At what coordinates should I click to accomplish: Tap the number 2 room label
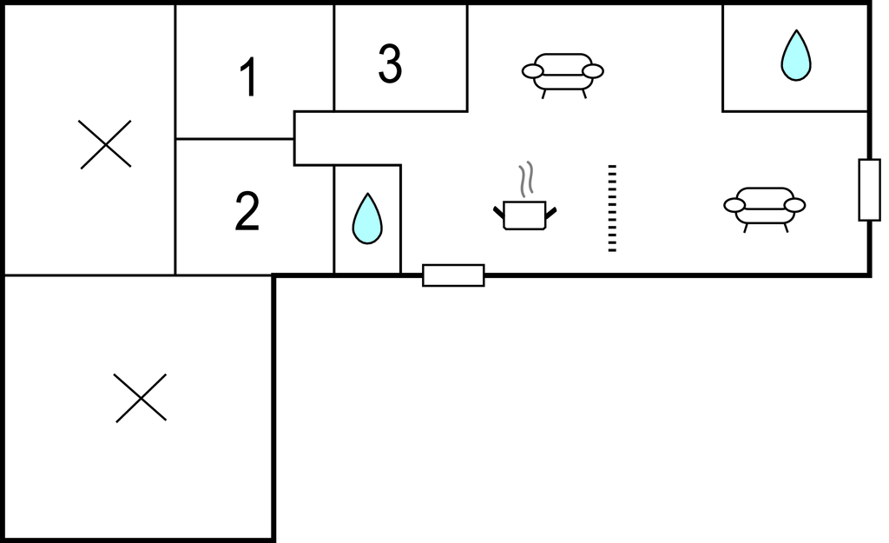pos(247,212)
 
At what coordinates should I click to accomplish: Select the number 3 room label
pos(391,64)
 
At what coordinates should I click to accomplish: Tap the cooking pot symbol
pos(524,214)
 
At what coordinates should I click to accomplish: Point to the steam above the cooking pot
pos(526,179)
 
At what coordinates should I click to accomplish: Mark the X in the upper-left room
pos(105,144)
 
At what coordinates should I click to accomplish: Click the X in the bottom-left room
pos(141,398)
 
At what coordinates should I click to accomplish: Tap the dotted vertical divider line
pos(612,208)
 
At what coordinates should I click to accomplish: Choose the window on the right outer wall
pos(869,189)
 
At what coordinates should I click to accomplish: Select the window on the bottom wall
pos(453,275)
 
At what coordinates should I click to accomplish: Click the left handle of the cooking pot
pos(499,211)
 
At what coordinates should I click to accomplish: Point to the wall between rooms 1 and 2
pos(234,138)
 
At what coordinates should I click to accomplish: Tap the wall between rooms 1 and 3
pos(334,57)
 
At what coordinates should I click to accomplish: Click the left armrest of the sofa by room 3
pos(532,71)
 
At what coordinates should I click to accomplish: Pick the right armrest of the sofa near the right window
pos(794,205)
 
